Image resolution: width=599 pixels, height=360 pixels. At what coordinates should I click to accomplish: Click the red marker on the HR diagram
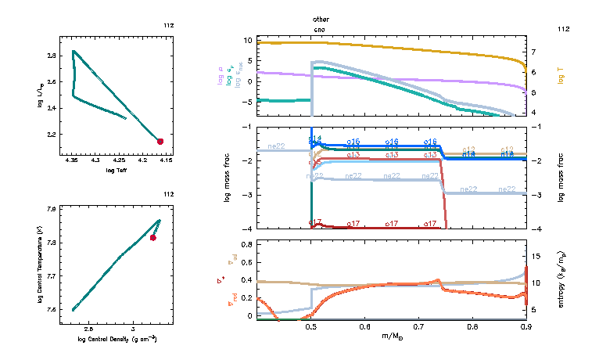point(160,142)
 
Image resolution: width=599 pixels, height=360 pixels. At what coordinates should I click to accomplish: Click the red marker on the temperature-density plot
point(153,237)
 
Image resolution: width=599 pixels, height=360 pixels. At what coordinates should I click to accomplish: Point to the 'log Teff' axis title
point(117,170)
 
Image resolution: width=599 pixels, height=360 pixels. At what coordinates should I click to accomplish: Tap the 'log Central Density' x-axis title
point(117,339)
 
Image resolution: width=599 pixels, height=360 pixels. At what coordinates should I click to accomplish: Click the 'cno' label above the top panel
point(319,28)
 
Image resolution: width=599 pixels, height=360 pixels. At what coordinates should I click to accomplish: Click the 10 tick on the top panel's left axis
point(247,39)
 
